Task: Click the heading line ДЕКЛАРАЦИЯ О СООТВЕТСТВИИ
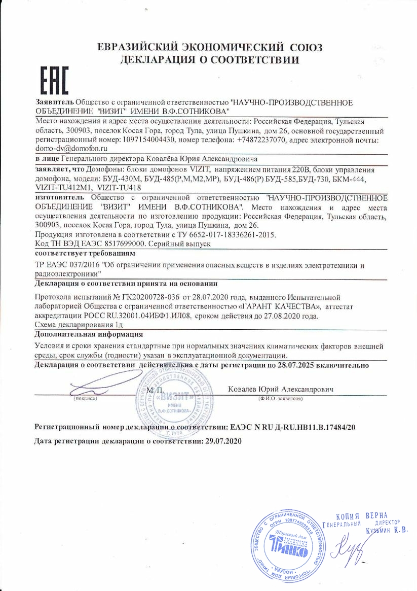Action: pos(209,60)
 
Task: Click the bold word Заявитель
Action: pos(54,102)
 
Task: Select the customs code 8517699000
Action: pos(124,244)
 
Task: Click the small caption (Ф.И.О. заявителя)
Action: pos(280,399)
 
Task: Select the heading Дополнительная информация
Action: pos(89,335)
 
